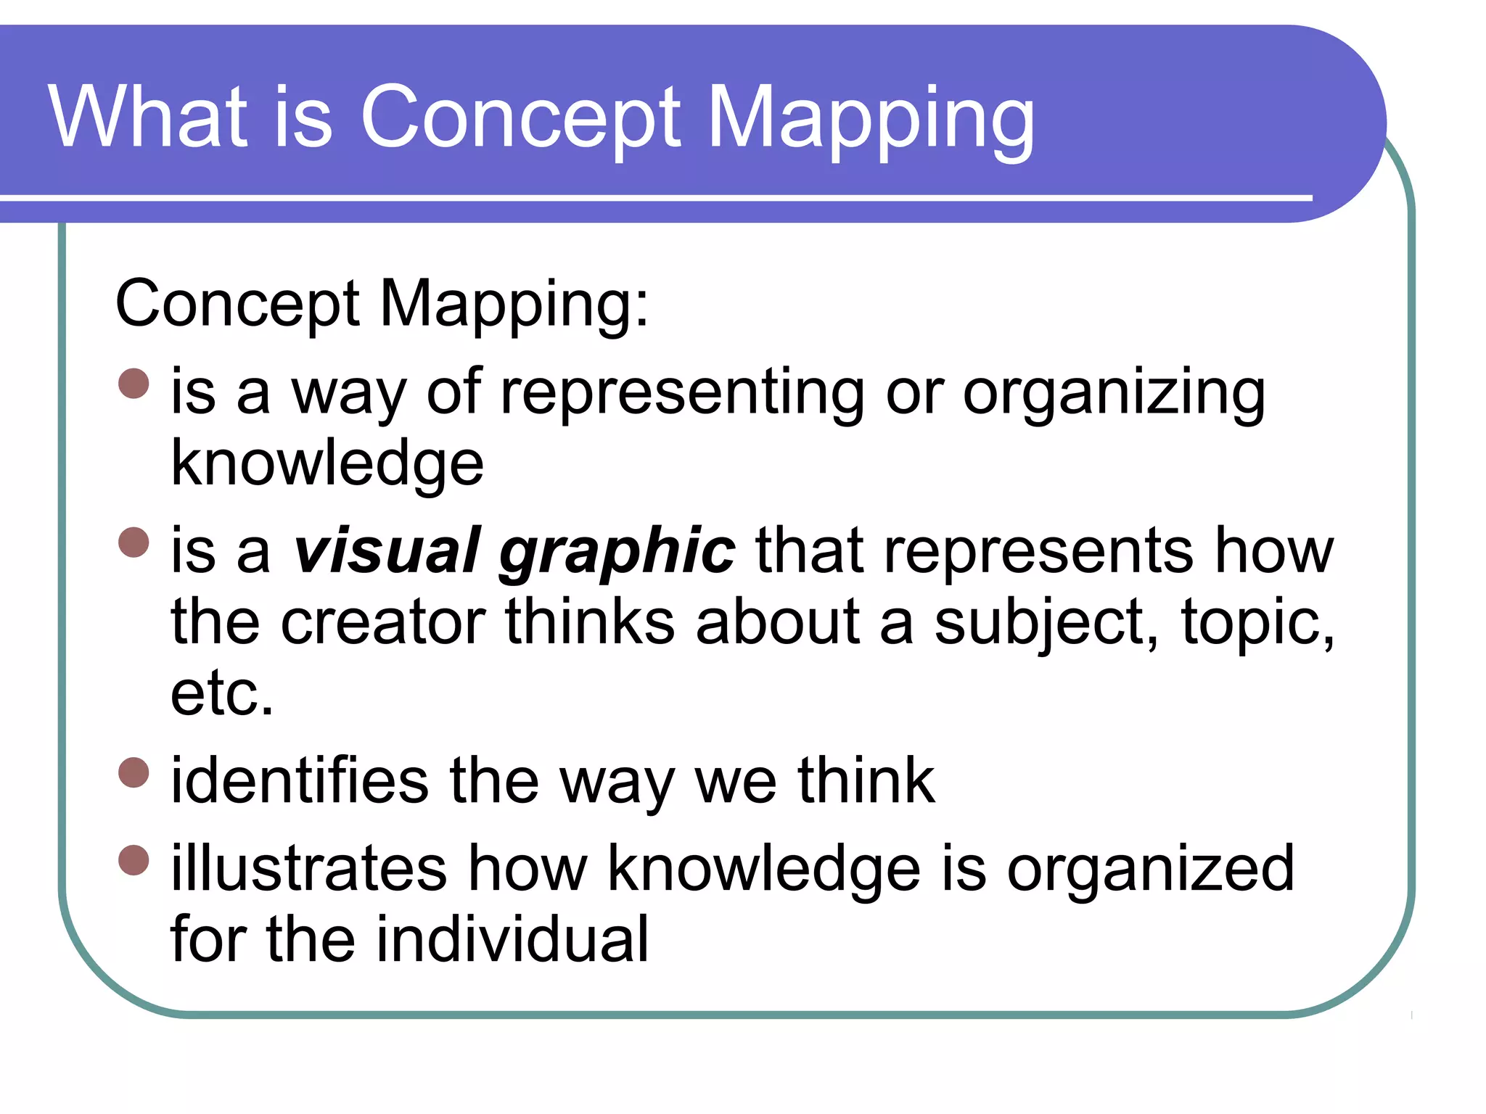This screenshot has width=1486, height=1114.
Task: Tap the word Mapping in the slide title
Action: point(870,120)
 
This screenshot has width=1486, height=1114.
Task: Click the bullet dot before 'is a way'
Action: point(134,384)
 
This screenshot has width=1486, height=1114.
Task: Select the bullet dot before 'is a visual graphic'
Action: point(134,542)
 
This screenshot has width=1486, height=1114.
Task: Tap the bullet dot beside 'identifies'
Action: point(134,772)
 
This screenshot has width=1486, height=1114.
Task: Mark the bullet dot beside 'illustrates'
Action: point(134,860)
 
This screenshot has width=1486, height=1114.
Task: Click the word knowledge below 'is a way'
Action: point(327,465)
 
